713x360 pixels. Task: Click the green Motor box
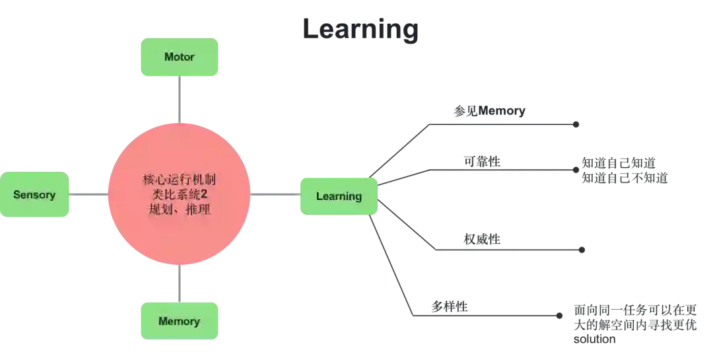pyautogui.click(x=179, y=57)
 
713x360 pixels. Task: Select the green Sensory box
pyautogui.click(x=34, y=195)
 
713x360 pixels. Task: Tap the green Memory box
pyautogui.click(x=179, y=322)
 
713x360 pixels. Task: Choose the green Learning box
pyautogui.click(x=339, y=196)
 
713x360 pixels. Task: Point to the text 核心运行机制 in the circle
pyautogui.click(x=179, y=180)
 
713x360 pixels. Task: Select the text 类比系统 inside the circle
pyautogui.click(x=173, y=196)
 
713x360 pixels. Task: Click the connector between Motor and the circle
pyautogui.click(x=179, y=99)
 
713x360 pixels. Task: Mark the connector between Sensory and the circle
pyautogui.click(x=88, y=194)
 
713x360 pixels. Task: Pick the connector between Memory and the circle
pyautogui.click(x=179, y=284)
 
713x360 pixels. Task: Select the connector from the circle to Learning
pyautogui.click(x=274, y=194)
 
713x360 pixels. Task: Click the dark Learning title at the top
pyautogui.click(x=361, y=30)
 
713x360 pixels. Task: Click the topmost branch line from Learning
pyautogui.click(x=502, y=122)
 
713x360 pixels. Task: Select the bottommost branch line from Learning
pyautogui.click(x=489, y=315)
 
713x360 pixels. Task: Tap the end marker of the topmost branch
pyautogui.click(x=576, y=124)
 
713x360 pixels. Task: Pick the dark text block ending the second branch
pyautogui.click(x=625, y=169)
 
